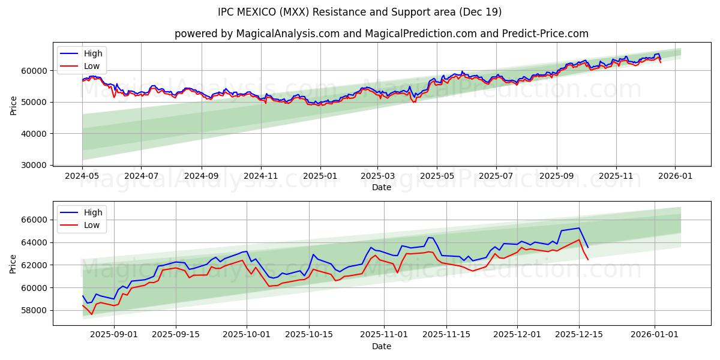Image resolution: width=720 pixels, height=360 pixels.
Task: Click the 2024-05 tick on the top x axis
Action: tap(82, 176)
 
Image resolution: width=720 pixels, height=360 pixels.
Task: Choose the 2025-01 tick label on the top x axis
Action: tap(320, 176)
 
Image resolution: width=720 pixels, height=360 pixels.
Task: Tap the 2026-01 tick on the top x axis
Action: tap(675, 176)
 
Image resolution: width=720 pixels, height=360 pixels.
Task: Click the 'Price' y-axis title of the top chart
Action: tap(13, 104)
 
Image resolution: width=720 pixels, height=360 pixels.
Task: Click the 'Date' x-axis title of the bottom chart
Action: tap(381, 346)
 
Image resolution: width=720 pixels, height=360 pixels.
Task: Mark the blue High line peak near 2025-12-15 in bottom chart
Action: tap(579, 227)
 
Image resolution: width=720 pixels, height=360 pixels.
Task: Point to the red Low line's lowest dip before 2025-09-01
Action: tap(92, 314)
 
